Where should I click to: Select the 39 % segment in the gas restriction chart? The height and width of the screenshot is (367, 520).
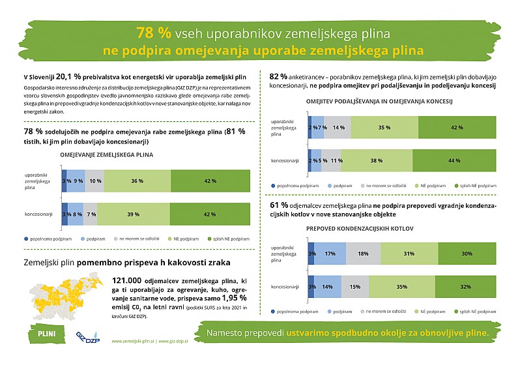[132, 214]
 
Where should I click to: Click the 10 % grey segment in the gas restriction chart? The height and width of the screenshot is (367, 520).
[94, 181]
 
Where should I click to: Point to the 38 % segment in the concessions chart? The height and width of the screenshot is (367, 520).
[376, 160]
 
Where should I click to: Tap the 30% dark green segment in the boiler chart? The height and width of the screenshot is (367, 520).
[467, 254]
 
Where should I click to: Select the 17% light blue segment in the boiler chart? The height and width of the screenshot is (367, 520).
[330, 254]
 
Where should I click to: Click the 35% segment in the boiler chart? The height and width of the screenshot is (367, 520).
[401, 287]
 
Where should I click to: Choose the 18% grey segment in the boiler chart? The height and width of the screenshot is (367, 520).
[364, 254]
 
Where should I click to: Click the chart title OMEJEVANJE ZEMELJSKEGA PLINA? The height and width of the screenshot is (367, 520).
[106, 155]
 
